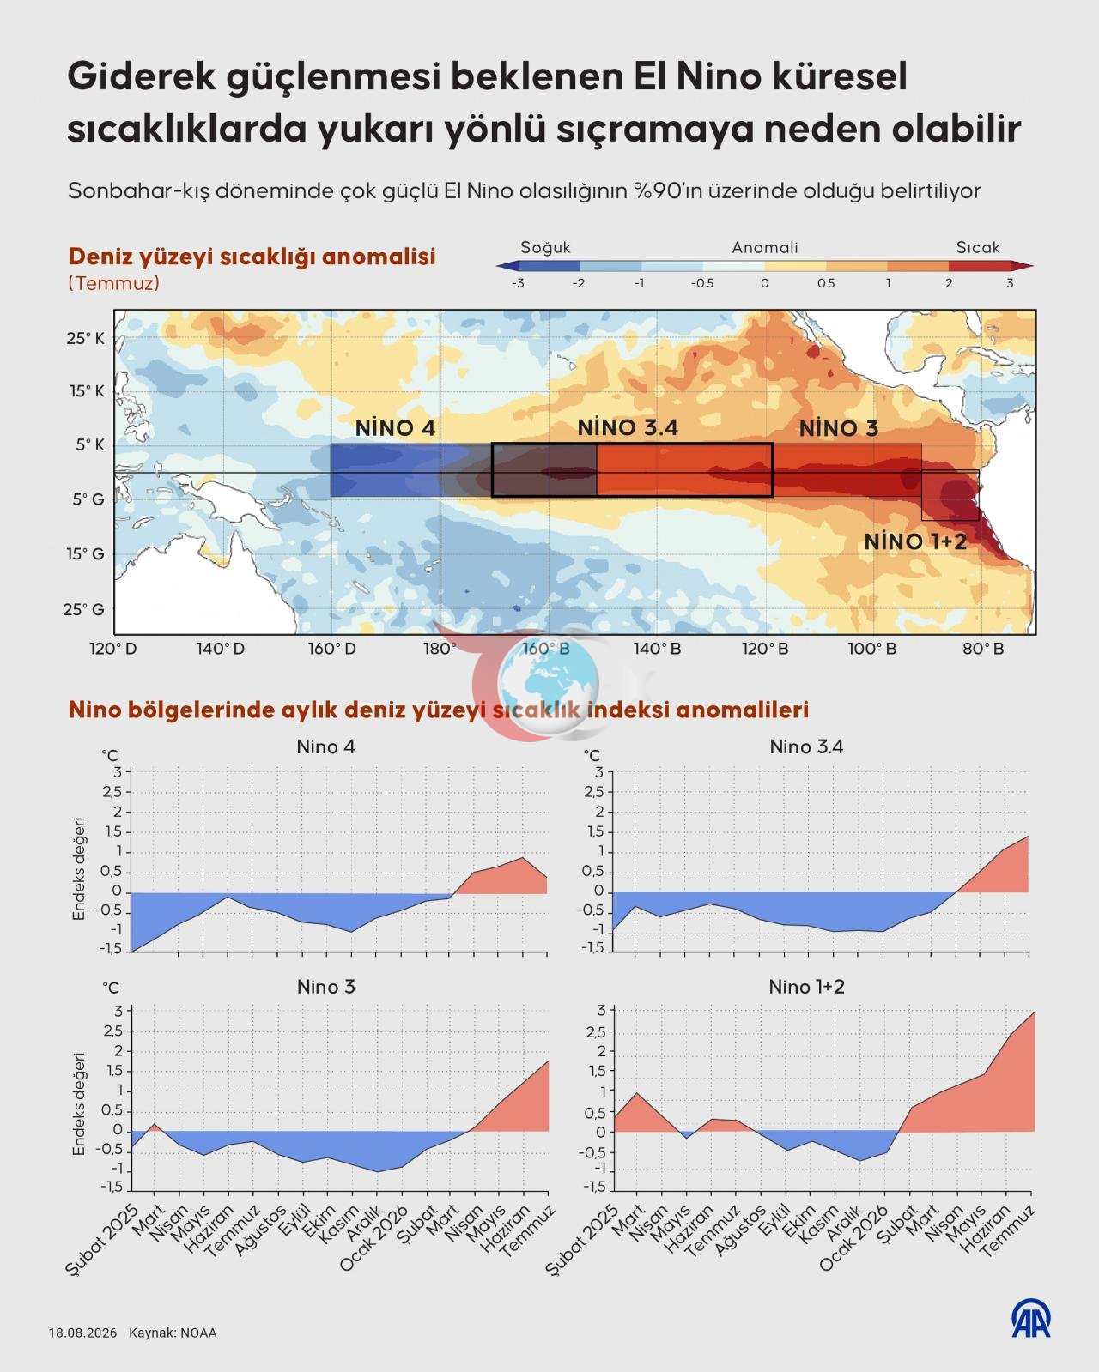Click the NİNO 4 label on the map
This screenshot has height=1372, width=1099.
point(395,428)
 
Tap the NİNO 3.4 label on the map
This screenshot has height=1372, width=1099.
point(628,427)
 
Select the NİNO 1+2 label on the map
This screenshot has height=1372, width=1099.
point(915,542)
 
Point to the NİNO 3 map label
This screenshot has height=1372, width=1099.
point(839,428)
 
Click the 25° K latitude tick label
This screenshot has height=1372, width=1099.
point(85,339)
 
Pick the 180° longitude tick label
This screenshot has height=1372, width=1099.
point(440,649)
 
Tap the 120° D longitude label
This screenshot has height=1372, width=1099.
point(113,649)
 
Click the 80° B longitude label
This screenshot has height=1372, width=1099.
point(983,649)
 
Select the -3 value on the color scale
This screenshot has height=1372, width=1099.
point(518,283)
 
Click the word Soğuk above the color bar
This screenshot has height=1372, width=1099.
point(546,247)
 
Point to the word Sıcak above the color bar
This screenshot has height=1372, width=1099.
point(978,247)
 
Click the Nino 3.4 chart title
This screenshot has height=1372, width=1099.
point(806,746)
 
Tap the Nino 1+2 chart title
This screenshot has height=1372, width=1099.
point(807,987)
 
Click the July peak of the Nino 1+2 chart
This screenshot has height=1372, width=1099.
point(1034,1012)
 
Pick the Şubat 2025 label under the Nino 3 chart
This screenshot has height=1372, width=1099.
point(102,1240)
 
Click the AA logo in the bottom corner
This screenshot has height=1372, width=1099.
point(1030,1319)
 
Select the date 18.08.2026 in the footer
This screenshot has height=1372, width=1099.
point(83,1333)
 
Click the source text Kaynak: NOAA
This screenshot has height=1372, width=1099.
point(173,1333)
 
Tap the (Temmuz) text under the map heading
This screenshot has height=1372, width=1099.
point(113,283)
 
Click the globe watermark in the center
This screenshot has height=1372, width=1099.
point(549,684)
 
